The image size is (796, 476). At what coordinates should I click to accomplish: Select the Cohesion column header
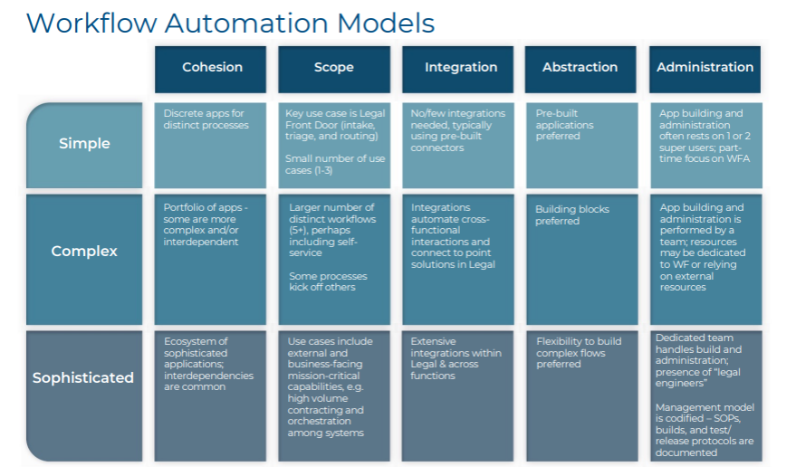[212, 67]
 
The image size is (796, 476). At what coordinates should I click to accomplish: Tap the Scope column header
[334, 67]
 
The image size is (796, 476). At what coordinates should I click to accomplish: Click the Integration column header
[461, 67]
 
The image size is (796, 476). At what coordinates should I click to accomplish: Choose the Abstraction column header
[580, 67]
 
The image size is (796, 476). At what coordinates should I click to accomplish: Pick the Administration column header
[705, 67]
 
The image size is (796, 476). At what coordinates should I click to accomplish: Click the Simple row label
[84, 143]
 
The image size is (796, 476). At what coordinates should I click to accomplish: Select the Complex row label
[84, 251]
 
